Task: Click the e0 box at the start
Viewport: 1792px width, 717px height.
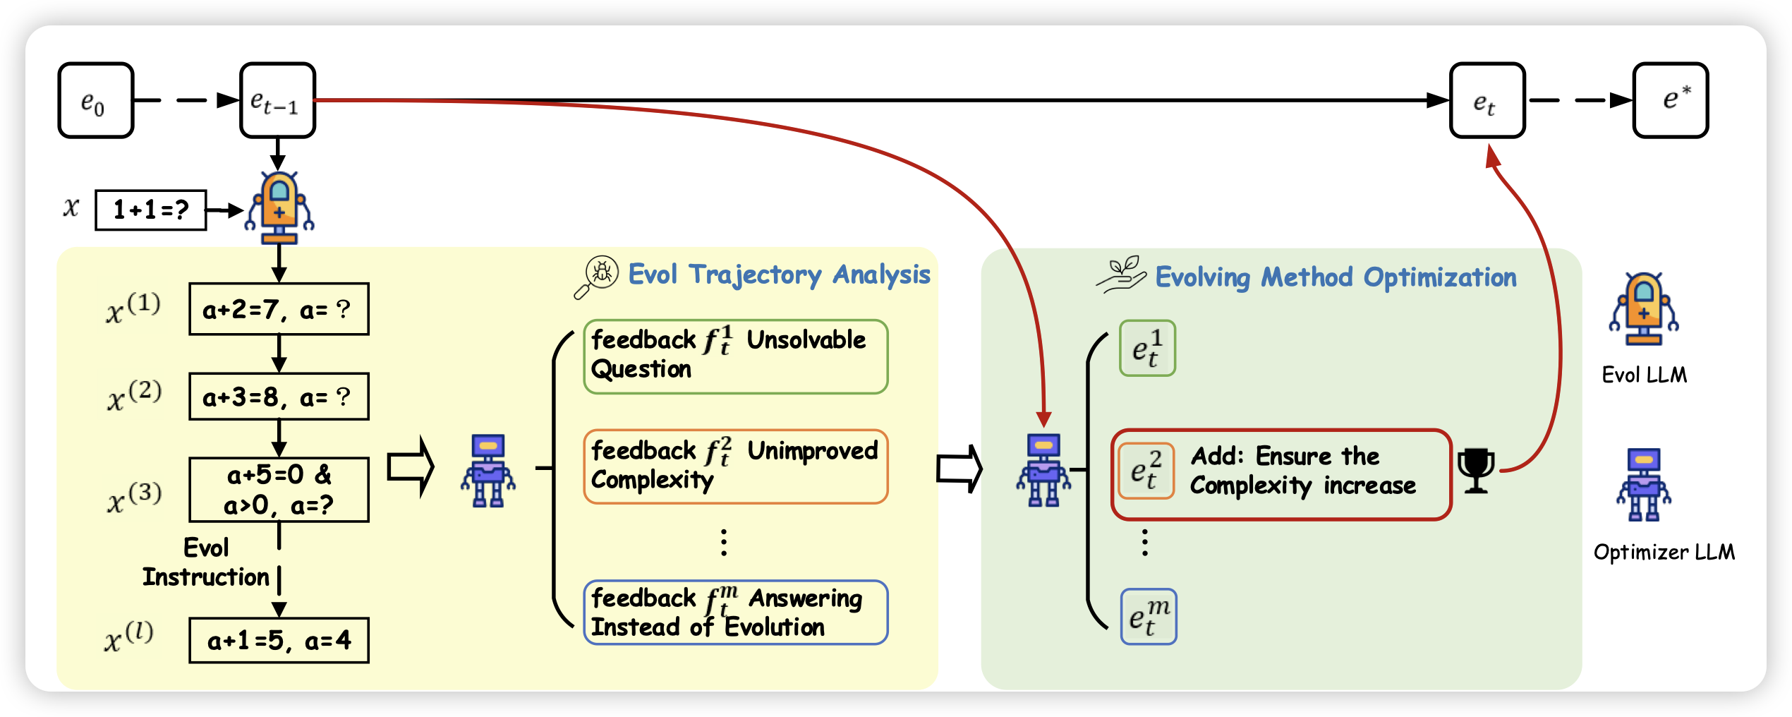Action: tap(96, 100)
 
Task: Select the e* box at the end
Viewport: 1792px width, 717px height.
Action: tap(1670, 100)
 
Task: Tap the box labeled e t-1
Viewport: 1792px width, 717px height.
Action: tap(277, 100)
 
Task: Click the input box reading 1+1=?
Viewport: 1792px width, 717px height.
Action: tap(151, 210)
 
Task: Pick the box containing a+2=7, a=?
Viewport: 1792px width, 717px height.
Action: tap(279, 309)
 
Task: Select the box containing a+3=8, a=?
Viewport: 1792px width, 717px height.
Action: tap(279, 397)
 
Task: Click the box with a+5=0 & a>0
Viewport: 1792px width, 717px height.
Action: tap(279, 490)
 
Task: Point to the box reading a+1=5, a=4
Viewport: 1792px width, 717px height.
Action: tap(279, 640)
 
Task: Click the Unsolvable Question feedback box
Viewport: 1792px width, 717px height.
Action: tap(735, 356)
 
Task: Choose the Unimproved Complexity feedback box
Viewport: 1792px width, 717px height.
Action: tap(735, 466)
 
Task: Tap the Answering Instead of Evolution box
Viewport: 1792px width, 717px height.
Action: tap(735, 613)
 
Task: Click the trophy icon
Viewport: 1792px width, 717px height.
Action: tap(1476, 470)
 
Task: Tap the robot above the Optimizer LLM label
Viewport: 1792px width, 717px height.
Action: tap(1644, 485)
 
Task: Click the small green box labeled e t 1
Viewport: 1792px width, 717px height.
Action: tap(1147, 348)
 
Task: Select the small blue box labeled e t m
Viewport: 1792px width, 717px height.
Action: tap(1149, 617)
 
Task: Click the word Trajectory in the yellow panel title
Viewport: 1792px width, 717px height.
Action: tap(756, 275)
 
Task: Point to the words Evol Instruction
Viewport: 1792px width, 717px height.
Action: tap(206, 562)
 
